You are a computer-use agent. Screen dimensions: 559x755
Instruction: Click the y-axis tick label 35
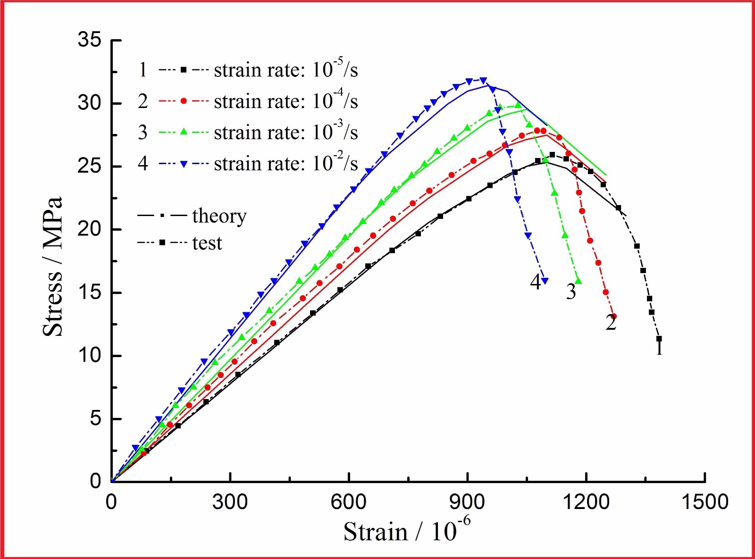pyautogui.click(x=90, y=40)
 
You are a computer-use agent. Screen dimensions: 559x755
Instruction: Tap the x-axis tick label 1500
pyautogui.click(x=705, y=501)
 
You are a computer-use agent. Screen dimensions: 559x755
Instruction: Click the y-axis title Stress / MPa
pyautogui.click(x=52, y=267)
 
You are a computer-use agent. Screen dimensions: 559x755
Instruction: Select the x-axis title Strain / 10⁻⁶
pyautogui.click(x=407, y=530)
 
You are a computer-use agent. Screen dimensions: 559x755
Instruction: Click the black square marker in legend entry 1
pyautogui.click(x=184, y=70)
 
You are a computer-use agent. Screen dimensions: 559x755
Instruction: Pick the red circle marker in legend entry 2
pyautogui.click(x=184, y=101)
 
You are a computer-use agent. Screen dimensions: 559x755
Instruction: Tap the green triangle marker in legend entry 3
pyautogui.click(x=184, y=132)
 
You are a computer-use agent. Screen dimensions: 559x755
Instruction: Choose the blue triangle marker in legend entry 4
pyautogui.click(x=184, y=164)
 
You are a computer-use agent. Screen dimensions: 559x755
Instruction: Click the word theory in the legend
pyautogui.click(x=219, y=216)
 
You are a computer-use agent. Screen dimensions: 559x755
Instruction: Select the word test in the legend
pyautogui.click(x=207, y=243)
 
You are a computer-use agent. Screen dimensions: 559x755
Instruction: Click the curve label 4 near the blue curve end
pyautogui.click(x=535, y=282)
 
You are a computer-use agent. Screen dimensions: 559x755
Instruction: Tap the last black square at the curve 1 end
pyautogui.click(x=659, y=339)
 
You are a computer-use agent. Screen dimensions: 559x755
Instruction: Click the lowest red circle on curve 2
pyautogui.click(x=613, y=317)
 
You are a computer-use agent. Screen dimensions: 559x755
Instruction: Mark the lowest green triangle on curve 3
pyautogui.click(x=579, y=282)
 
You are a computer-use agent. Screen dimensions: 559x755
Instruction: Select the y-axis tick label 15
pyautogui.click(x=90, y=292)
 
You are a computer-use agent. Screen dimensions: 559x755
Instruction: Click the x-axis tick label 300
pyautogui.click(x=230, y=501)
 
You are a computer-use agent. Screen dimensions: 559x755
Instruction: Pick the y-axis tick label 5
pyautogui.click(x=95, y=418)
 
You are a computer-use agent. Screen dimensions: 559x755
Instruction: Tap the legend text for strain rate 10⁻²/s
pyautogui.click(x=286, y=164)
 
